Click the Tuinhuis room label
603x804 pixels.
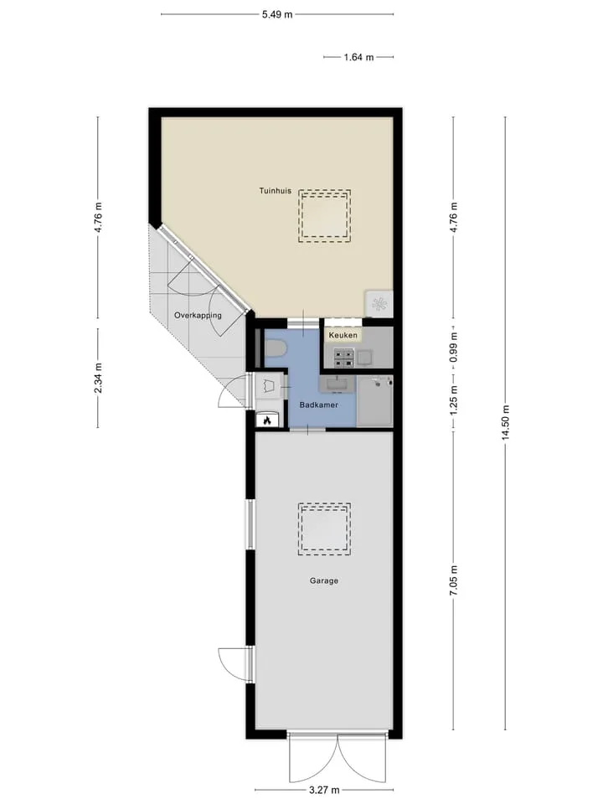tap(275, 191)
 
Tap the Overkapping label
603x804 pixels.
tap(198, 316)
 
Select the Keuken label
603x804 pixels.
tap(343, 335)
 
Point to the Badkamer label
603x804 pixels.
tap(319, 405)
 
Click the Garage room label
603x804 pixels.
tap(324, 581)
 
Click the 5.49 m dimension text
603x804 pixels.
tap(277, 14)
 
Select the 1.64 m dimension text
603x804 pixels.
tap(359, 57)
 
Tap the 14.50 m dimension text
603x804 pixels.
tap(506, 422)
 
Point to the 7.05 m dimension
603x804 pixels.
tap(454, 580)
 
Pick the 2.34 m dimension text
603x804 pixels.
tap(99, 378)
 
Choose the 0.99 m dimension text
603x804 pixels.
tap(454, 347)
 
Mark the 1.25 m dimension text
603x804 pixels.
tap(454, 403)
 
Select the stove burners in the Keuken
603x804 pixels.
tap(344, 358)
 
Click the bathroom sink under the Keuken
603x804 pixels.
tap(337, 384)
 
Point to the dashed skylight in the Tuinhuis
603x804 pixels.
tap(325, 216)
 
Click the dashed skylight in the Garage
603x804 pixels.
tap(325, 529)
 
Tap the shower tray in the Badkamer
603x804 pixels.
tap(375, 401)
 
